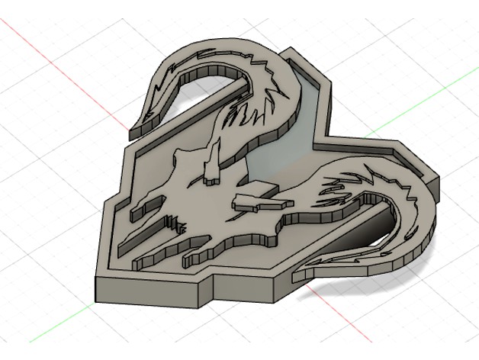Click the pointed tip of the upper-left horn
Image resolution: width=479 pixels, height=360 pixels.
(131, 137)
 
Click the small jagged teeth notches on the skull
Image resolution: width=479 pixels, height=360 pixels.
(177, 225)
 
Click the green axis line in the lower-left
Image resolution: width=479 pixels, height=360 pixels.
(46, 336)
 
